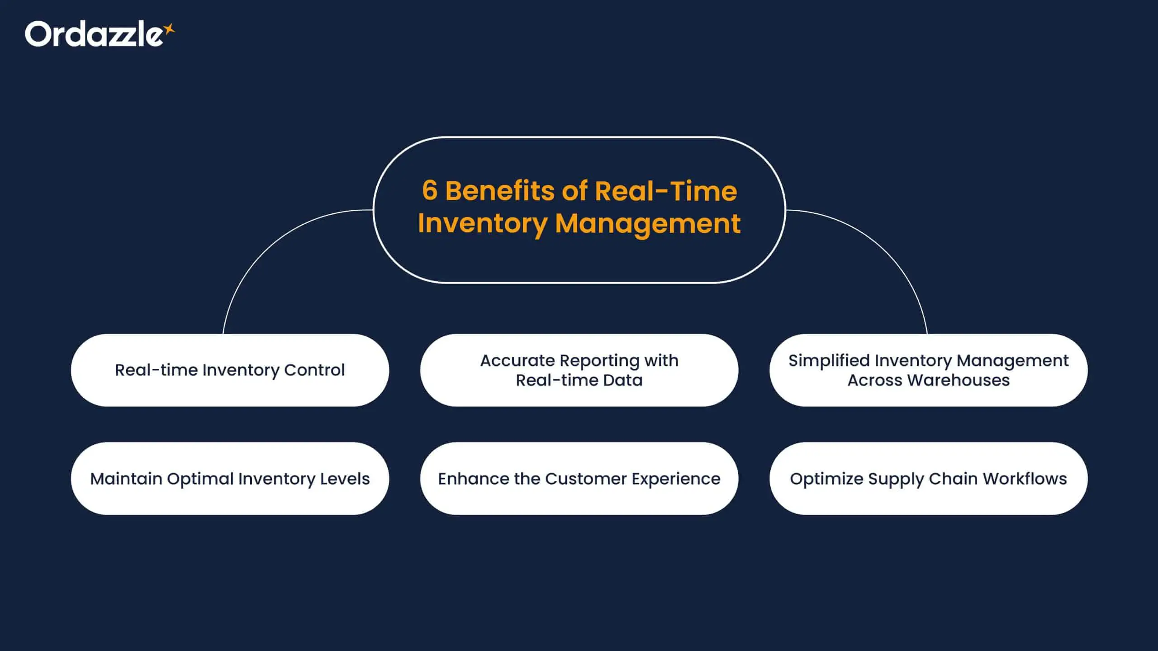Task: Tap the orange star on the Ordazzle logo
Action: pyautogui.click(x=169, y=29)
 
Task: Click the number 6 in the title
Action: pyautogui.click(x=430, y=190)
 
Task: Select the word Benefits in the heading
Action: pyautogui.click(x=500, y=190)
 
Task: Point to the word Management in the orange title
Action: pyautogui.click(x=647, y=223)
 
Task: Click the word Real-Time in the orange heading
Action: pyautogui.click(x=666, y=190)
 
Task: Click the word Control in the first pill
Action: pyautogui.click(x=314, y=370)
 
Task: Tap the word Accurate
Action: pyautogui.click(x=517, y=360)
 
